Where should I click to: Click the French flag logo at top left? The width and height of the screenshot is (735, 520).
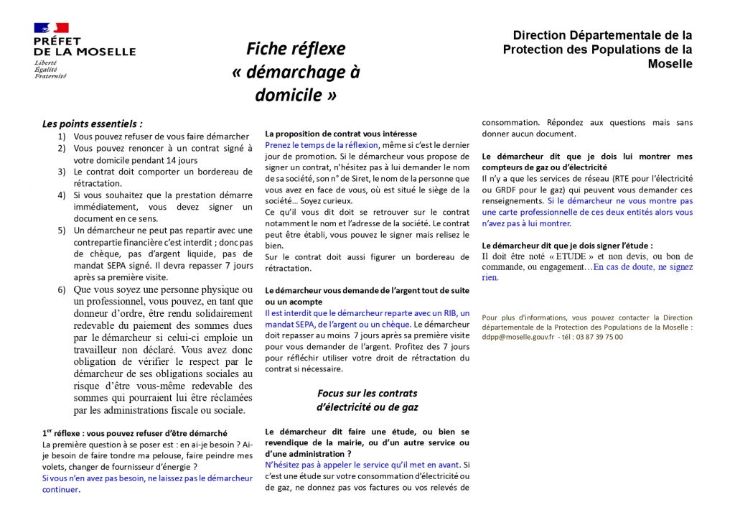pyautogui.click(x=52, y=28)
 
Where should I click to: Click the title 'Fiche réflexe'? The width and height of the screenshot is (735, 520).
pyautogui.click(x=296, y=49)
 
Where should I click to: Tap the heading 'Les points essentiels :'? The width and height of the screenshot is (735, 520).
pyautogui.click(x=92, y=124)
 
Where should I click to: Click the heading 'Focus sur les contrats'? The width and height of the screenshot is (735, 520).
pyautogui.click(x=367, y=394)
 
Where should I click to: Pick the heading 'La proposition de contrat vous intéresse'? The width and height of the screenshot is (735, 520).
pyautogui.click(x=340, y=134)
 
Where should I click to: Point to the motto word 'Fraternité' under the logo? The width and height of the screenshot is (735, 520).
pyautogui.click(x=50, y=75)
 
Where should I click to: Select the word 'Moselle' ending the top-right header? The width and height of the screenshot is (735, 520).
pyautogui.click(x=670, y=64)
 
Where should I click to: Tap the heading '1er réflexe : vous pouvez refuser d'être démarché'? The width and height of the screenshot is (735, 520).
pyautogui.click(x=134, y=433)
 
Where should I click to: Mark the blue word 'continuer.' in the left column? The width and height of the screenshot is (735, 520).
pyautogui.click(x=61, y=489)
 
